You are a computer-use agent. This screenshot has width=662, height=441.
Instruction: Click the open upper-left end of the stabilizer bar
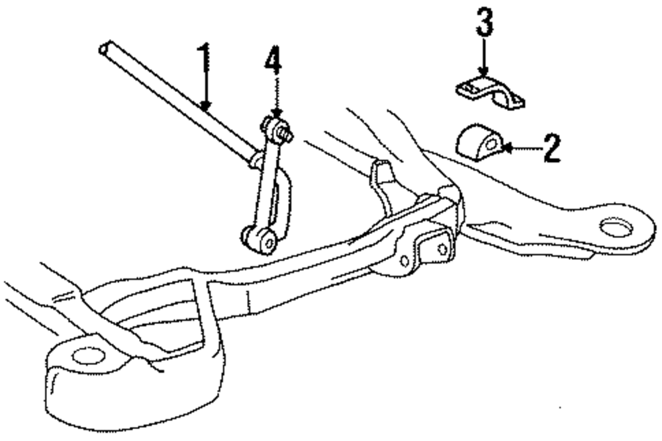(x=103, y=48)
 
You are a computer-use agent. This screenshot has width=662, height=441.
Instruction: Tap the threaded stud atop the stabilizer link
(x=287, y=136)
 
